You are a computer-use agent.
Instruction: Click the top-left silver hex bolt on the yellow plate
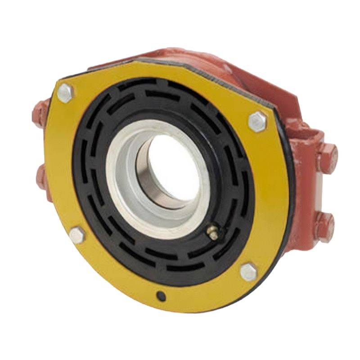[x=65, y=93]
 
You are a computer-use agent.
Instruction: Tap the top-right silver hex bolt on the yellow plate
[x=258, y=121]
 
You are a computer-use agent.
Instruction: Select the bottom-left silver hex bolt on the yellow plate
[x=77, y=235]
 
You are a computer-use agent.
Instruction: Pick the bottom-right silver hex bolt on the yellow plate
[x=248, y=272]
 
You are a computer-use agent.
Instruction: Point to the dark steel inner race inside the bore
[x=148, y=180]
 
